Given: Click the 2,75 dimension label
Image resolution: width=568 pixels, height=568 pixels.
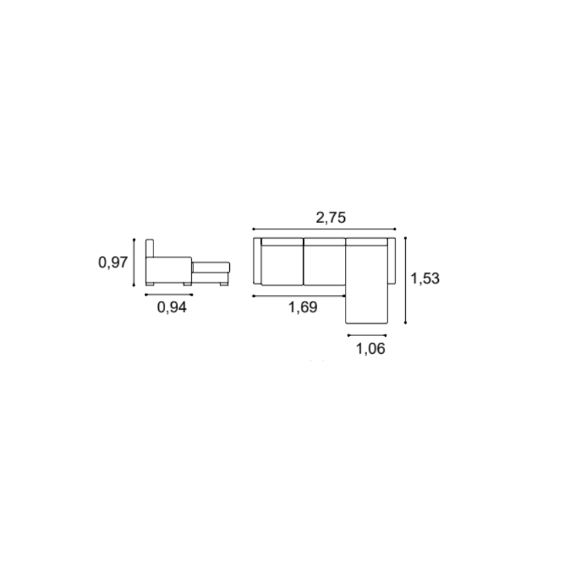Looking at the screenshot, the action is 331,218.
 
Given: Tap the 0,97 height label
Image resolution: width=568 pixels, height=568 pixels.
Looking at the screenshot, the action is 113,262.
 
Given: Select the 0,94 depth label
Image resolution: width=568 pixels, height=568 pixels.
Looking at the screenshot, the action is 172,307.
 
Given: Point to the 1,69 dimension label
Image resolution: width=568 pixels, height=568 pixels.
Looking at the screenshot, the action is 303,307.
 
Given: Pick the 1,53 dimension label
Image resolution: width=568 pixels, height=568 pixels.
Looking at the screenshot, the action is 425,279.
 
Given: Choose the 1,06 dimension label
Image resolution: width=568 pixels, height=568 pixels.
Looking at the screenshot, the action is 371,348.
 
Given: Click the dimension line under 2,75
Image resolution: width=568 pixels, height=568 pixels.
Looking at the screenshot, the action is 324,229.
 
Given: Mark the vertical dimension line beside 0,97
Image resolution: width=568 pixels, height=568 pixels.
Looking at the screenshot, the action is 134,262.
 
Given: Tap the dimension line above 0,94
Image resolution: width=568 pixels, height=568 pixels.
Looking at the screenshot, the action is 169,295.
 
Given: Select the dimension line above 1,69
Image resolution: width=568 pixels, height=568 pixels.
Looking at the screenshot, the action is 299,296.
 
